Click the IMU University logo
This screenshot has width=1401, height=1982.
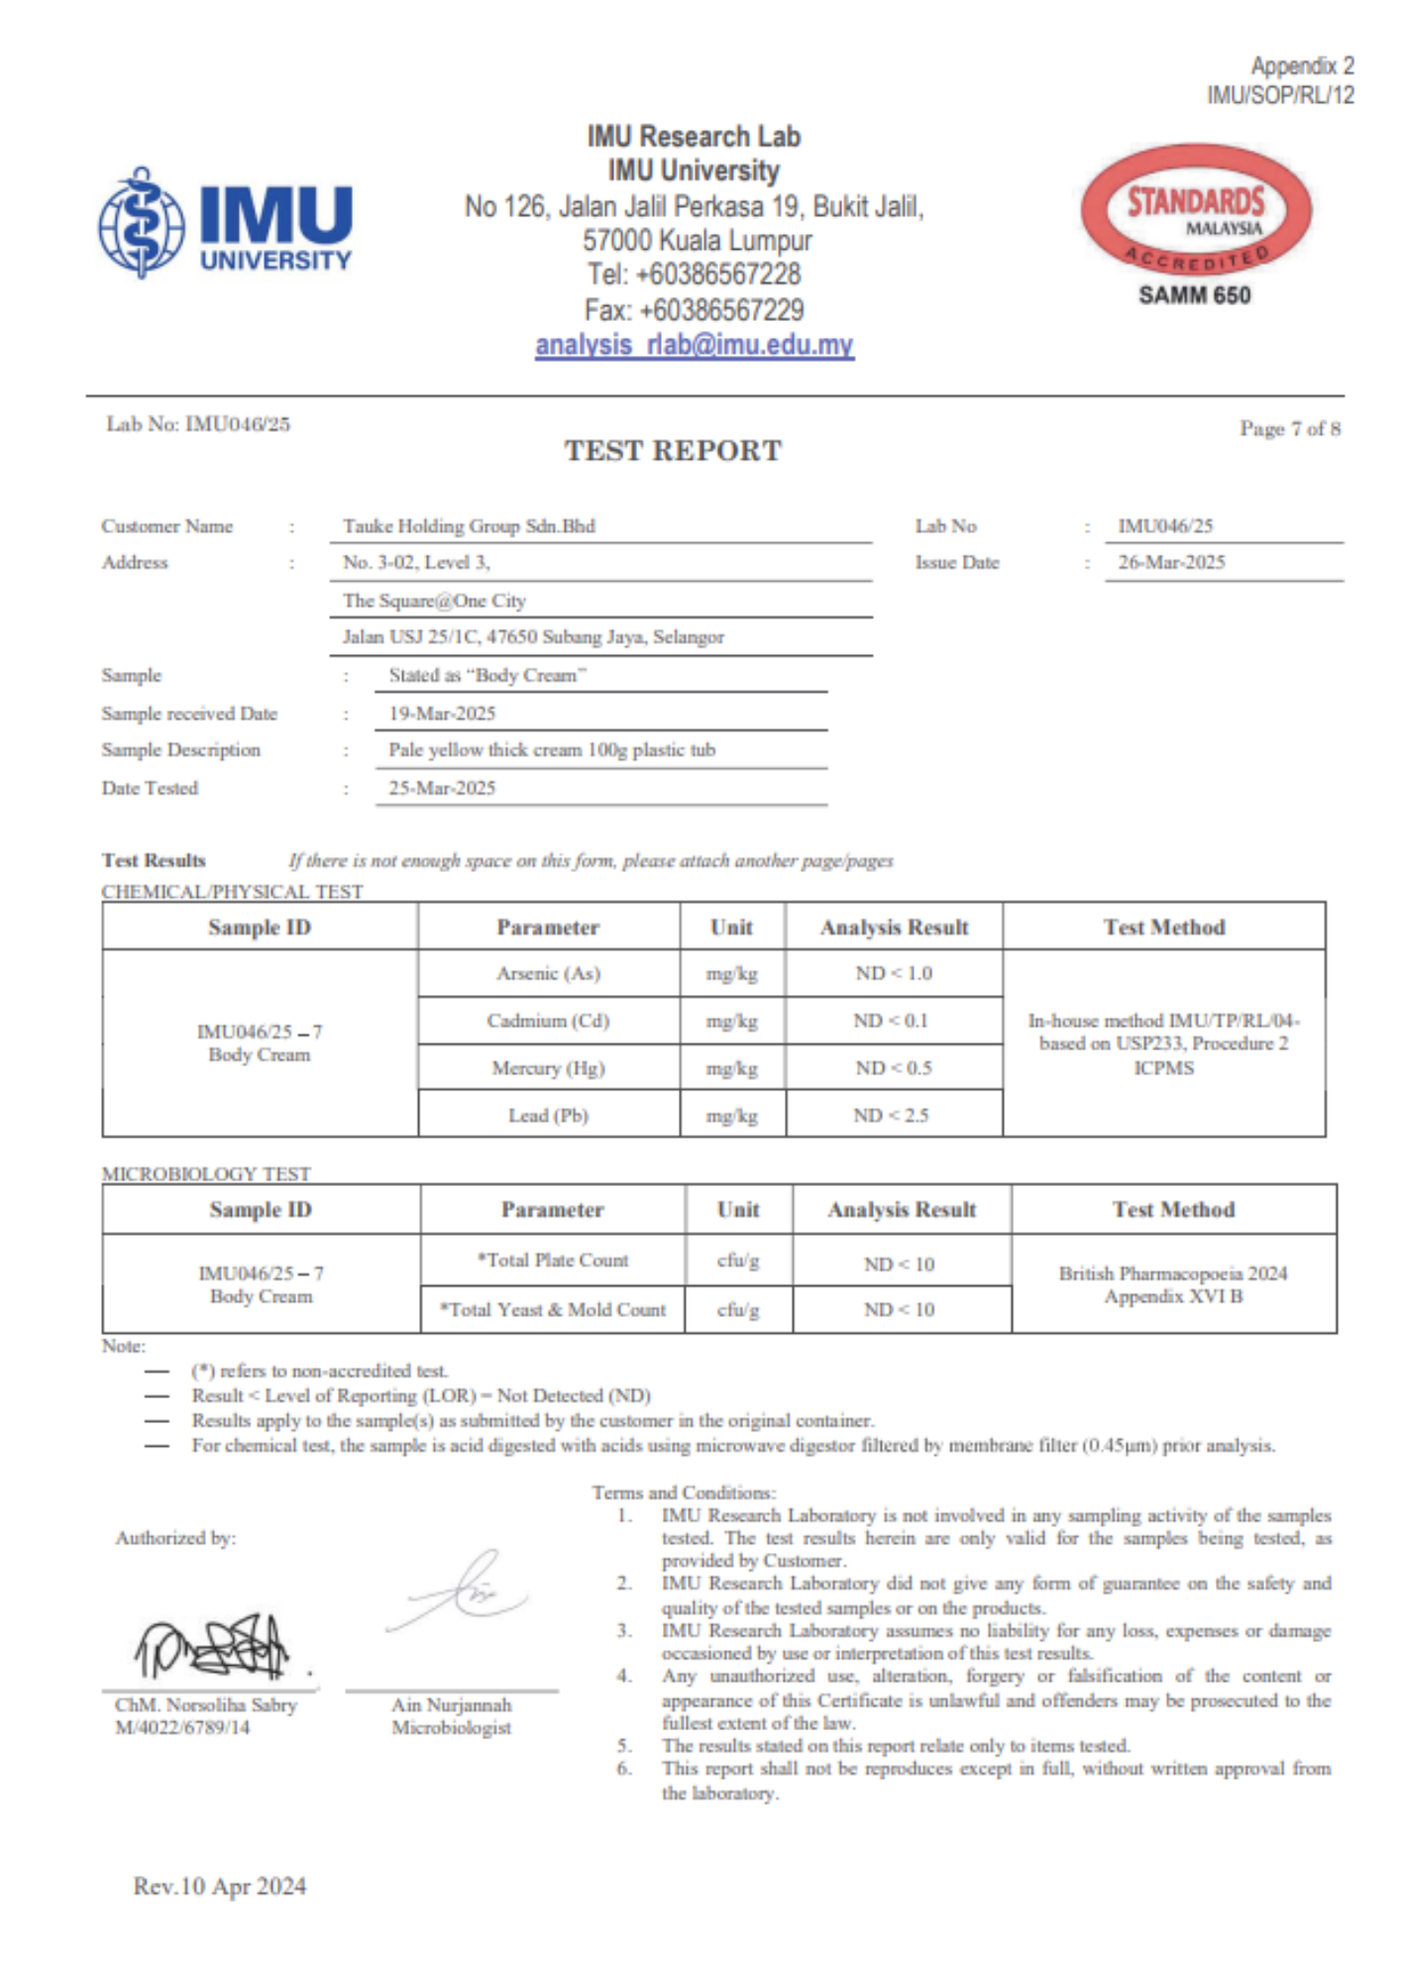[226, 222]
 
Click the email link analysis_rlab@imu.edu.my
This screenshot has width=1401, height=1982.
[694, 345]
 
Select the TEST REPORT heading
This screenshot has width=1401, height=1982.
[673, 451]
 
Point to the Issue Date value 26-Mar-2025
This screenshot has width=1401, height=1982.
[1171, 562]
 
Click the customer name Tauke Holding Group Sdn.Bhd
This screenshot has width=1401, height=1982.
[469, 526]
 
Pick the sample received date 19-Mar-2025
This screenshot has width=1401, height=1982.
[442, 714]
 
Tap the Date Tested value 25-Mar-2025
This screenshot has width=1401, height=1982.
[442, 788]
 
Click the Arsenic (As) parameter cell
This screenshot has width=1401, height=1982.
[548, 973]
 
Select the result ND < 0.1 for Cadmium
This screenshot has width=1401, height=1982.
[892, 1021]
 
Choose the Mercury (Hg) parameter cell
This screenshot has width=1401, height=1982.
[548, 1068]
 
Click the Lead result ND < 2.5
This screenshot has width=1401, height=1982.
[892, 1116]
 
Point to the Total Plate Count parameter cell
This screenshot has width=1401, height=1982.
[553, 1261]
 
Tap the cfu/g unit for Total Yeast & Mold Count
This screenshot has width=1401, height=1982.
[738, 1310]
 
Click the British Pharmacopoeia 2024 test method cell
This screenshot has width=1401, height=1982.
[1173, 1284]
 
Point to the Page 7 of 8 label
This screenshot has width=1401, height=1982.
[1289, 428]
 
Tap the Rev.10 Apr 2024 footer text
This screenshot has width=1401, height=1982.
[220, 1886]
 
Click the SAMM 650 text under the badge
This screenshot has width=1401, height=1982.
[1194, 295]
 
